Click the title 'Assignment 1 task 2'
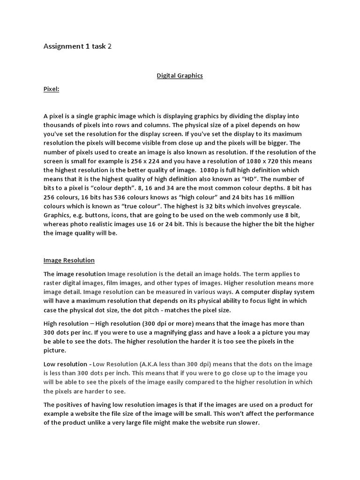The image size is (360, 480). [78, 46]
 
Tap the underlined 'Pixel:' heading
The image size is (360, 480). [51, 89]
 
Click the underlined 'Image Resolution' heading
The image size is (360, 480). [69, 260]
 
